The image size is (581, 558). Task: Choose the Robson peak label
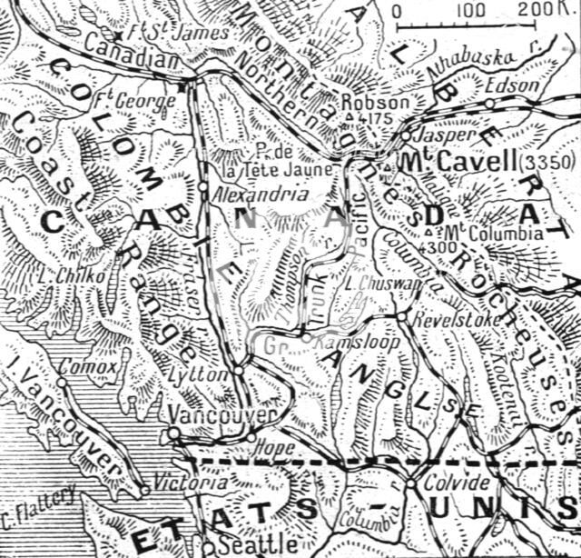tap(369, 102)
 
